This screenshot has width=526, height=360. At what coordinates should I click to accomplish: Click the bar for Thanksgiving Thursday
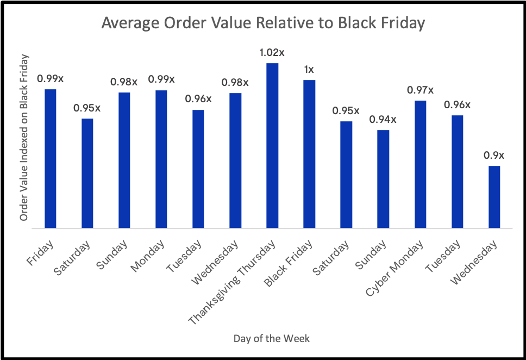pyautogui.click(x=272, y=146)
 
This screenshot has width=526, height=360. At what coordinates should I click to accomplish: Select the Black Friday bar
pyautogui.click(x=309, y=154)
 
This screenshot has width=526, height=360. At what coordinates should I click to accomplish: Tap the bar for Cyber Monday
pyautogui.click(x=420, y=164)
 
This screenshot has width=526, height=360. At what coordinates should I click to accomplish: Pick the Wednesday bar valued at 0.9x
pyautogui.click(x=494, y=197)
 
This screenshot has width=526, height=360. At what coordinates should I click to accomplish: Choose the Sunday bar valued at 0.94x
pyautogui.click(x=383, y=179)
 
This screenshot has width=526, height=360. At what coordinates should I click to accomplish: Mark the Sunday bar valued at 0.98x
pyautogui.click(x=124, y=160)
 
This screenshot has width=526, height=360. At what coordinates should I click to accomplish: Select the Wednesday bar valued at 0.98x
pyautogui.click(x=235, y=160)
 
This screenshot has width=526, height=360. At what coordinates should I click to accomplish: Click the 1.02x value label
pyautogui.click(x=272, y=53)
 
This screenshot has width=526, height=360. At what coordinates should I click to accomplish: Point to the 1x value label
pyautogui.click(x=309, y=70)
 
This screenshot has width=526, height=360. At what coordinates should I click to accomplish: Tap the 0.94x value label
pyautogui.click(x=383, y=120)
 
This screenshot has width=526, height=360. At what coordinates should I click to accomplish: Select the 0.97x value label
pyautogui.click(x=420, y=90)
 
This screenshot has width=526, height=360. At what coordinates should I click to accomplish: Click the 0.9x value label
pyautogui.click(x=494, y=156)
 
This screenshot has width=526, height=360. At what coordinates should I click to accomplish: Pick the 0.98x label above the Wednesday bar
pyautogui.click(x=235, y=83)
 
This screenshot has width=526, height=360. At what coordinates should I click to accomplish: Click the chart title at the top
pyautogui.click(x=263, y=24)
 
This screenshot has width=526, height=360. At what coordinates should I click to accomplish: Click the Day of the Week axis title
pyautogui.click(x=272, y=339)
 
